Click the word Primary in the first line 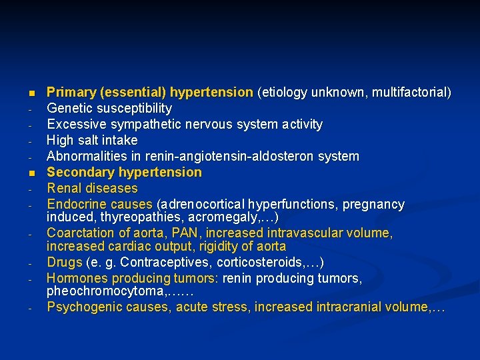point(70,91)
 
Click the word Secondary point(77,172)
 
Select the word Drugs point(64,262)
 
